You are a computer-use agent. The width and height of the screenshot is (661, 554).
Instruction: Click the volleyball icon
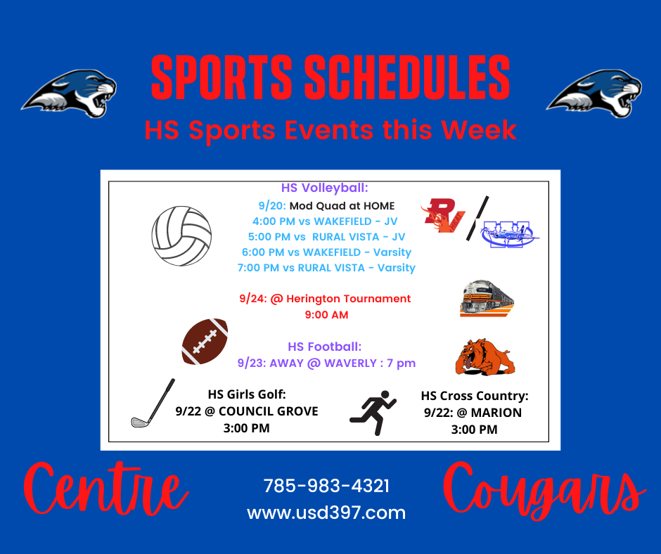[x=181, y=236]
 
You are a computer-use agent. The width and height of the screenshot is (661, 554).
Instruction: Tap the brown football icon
[x=205, y=342]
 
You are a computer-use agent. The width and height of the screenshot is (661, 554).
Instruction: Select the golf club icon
[x=153, y=403]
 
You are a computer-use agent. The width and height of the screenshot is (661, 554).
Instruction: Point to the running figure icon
[x=373, y=413]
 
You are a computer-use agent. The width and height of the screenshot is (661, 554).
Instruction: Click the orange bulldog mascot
[x=485, y=356]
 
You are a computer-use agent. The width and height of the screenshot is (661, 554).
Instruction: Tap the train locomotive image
[x=487, y=298]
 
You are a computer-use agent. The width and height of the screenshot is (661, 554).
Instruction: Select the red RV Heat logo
[x=442, y=215]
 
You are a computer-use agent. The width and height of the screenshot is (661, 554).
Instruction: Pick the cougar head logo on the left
[x=69, y=94]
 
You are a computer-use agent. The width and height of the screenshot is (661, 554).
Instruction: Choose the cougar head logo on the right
[x=594, y=94]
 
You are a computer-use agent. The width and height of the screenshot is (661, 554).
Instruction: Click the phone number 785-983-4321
[x=326, y=486]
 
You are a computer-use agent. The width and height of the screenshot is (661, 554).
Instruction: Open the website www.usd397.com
[x=326, y=513]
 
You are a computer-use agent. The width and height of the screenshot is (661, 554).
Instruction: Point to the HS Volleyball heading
[x=325, y=188]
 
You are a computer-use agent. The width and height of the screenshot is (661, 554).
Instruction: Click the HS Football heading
[x=325, y=347]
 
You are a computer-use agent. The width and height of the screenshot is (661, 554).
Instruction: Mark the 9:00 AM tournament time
[x=327, y=315]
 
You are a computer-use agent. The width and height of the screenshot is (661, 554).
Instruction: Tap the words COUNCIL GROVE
[x=269, y=411]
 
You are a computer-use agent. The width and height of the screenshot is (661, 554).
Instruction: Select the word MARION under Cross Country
[x=496, y=413]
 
